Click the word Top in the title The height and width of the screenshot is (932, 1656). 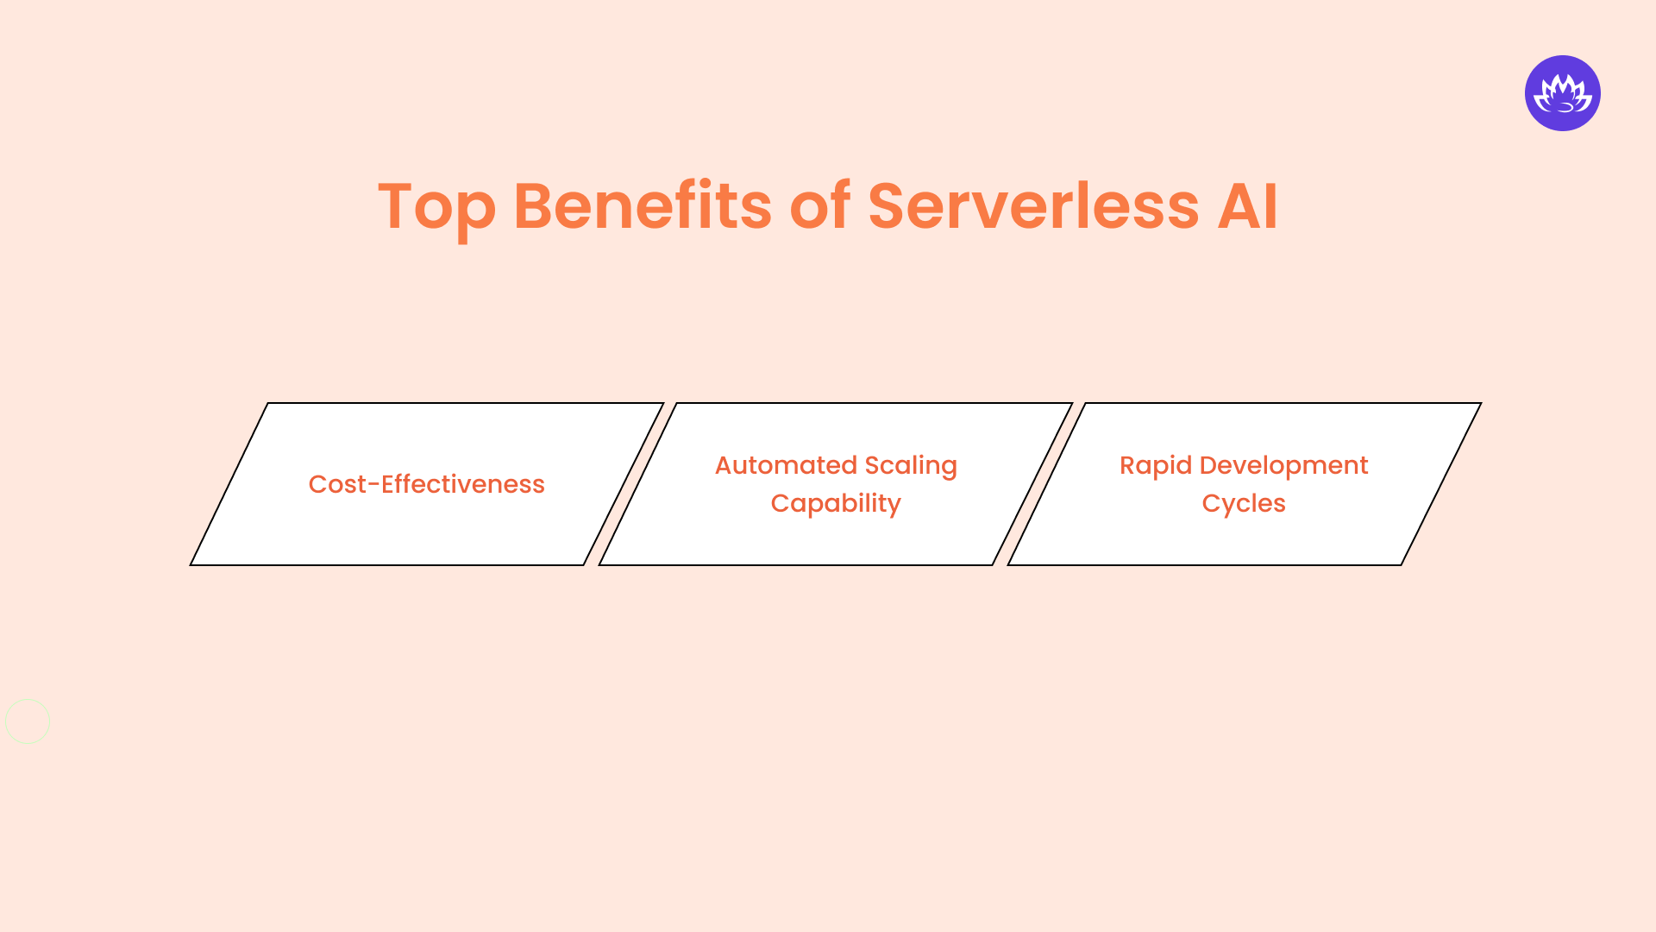[x=436, y=207]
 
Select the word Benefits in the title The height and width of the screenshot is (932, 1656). [x=642, y=207]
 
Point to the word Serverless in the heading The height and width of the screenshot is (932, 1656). [x=1032, y=207]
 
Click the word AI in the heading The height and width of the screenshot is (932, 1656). [x=1247, y=207]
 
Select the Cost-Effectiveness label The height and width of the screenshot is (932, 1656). [x=426, y=485]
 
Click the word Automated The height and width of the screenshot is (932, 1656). [x=785, y=466]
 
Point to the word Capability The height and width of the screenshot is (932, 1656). [x=835, y=504]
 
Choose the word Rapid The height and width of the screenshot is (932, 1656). [x=1155, y=466]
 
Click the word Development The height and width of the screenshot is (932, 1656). [x=1283, y=466]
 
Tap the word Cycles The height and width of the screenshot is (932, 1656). [x=1243, y=504]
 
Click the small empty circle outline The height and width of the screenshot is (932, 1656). [x=28, y=721]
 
